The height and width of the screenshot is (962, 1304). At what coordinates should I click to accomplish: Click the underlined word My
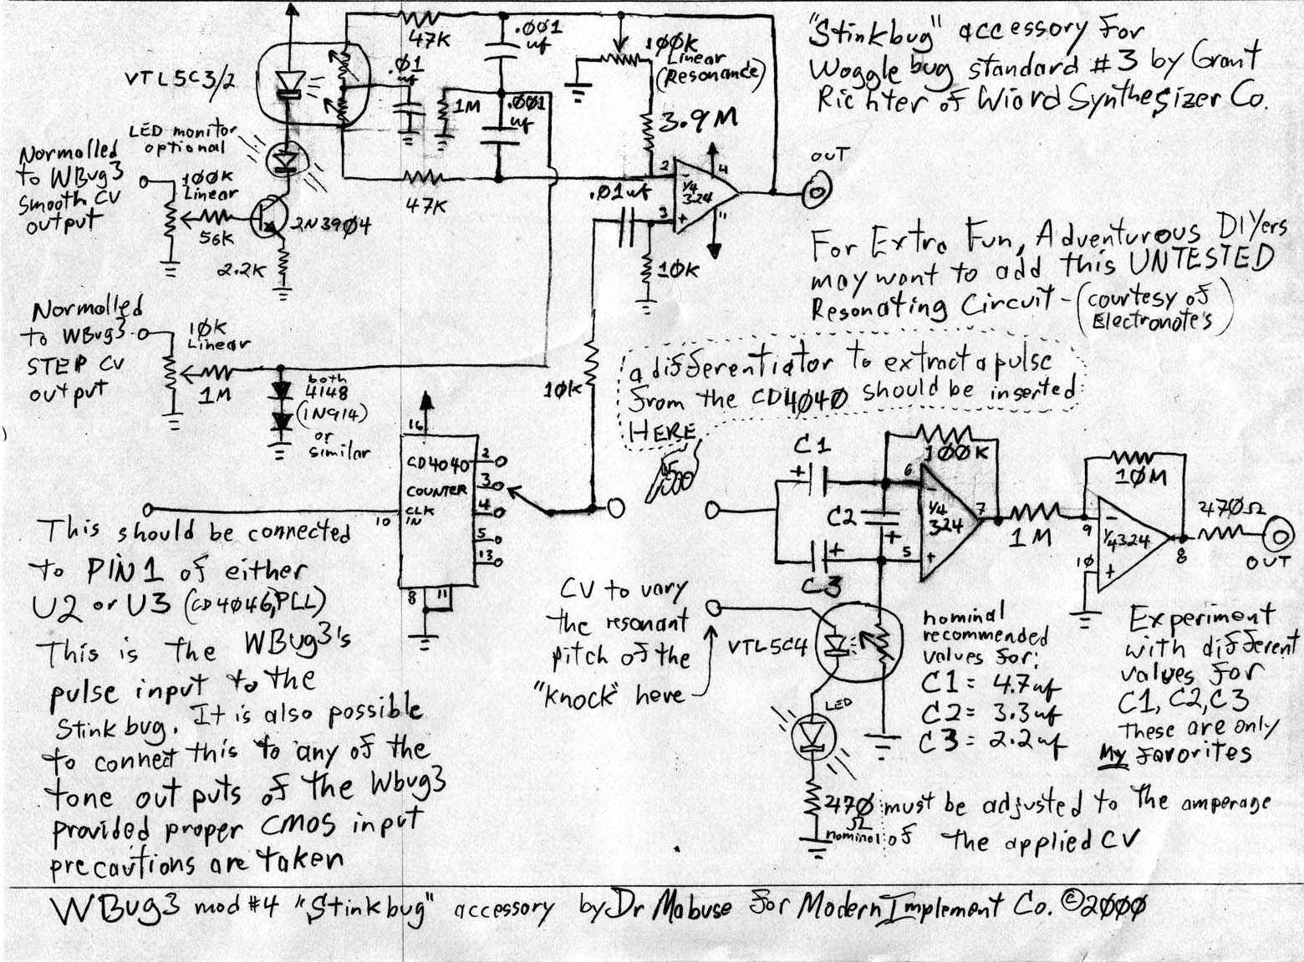1113,756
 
